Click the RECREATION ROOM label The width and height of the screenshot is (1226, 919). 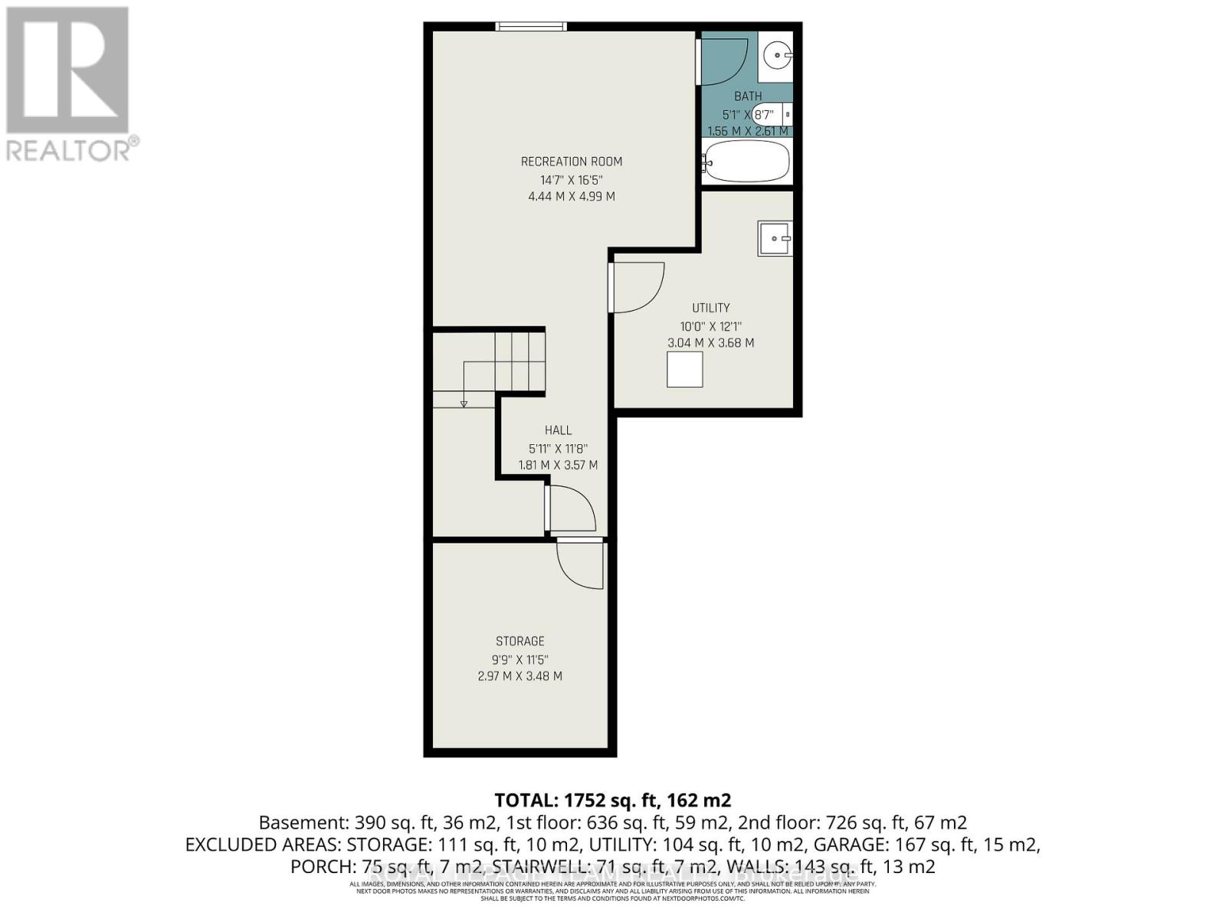tap(571, 162)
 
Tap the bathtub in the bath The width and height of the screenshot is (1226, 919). tap(747, 162)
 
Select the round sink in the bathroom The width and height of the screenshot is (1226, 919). tap(778, 54)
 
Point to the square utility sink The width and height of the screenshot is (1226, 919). tap(775, 238)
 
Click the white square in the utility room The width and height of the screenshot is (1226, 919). tap(684, 369)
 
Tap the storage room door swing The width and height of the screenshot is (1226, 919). tap(581, 564)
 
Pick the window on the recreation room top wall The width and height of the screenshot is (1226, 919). tap(531, 27)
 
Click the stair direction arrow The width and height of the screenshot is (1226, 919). tap(464, 402)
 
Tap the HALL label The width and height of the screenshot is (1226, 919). tap(558, 430)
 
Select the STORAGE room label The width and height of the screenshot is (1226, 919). tap(520, 641)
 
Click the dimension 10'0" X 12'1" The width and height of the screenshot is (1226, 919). tap(710, 326)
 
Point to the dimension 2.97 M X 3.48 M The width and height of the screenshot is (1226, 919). tap(520, 676)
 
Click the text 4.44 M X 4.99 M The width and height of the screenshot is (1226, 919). tap(571, 197)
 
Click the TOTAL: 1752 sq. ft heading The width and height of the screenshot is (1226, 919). tap(612, 800)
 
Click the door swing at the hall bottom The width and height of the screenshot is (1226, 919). tap(572, 509)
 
